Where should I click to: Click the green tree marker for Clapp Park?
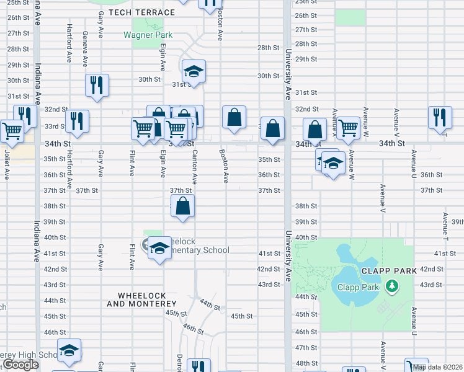click(x=391, y=286)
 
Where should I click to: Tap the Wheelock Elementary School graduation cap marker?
click(x=160, y=248)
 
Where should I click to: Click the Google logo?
click(x=20, y=365)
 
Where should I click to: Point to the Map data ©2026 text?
click(x=437, y=367)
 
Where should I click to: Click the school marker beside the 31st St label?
click(x=194, y=71)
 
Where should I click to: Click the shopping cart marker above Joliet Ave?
click(x=11, y=130)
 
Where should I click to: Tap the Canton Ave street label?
click(x=194, y=167)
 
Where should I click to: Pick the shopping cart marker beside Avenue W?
click(x=349, y=127)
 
